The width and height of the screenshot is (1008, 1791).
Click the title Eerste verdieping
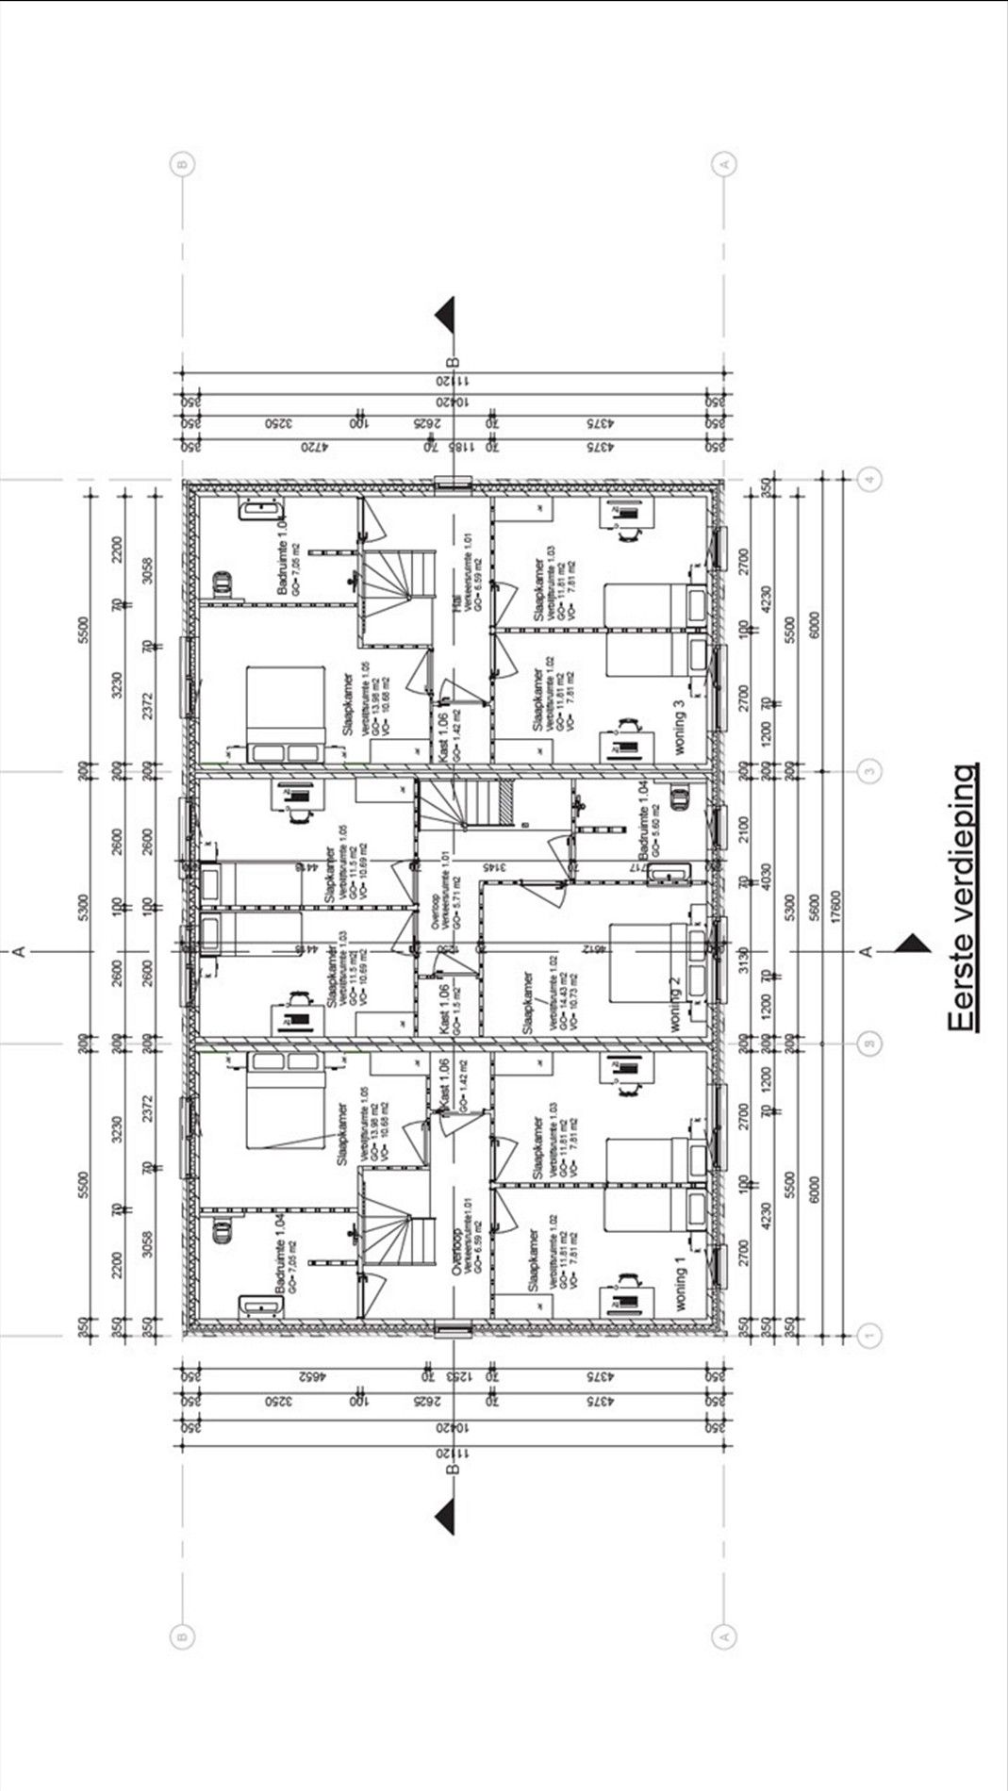pos(964,898)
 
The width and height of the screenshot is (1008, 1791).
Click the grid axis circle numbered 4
pos(869,479)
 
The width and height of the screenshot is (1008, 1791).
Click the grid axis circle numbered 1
pos(869,1334)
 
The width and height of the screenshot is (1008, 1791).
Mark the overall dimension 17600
pos(835,907)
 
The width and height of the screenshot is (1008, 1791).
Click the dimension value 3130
pos(744,962)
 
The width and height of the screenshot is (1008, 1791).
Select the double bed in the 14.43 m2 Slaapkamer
pos(651,961)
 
